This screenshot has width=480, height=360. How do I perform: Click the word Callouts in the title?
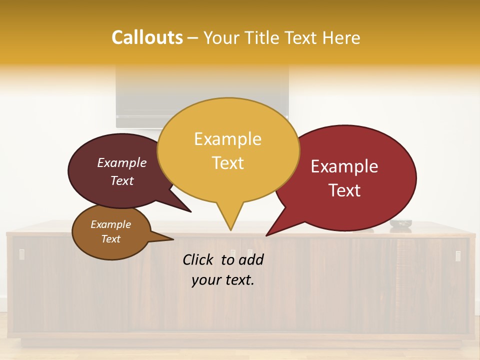[x=147, y=37]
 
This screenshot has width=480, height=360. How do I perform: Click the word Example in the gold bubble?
[x=227, y=139]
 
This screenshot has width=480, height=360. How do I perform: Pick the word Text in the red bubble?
[x=344, y=190]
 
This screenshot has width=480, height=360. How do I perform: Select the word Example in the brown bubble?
[x=110, y=224]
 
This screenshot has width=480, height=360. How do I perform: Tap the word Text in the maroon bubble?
[x=122, y=181]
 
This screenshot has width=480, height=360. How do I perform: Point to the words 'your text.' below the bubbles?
[x=223, y=280]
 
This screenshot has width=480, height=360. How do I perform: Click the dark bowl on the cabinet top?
[x=400, y=223]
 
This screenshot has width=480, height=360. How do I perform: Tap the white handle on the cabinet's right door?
[x=458, y=255]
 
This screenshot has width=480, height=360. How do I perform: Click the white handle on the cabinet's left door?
[x=21, y=254]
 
